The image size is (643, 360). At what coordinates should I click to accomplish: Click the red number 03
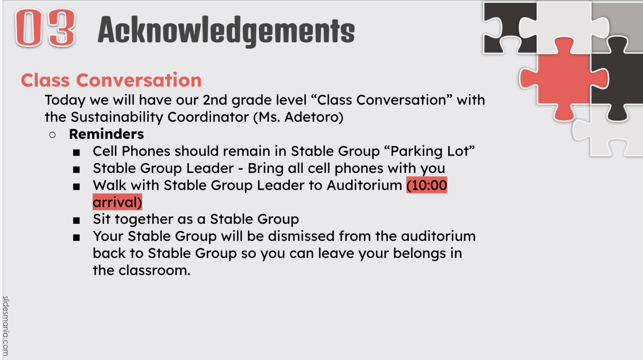click(45, 28)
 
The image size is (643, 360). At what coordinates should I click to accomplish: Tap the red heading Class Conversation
click(111, 80)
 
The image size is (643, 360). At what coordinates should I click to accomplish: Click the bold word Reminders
click(106, 134)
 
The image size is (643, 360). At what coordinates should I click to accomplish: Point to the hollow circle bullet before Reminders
click(52, 135)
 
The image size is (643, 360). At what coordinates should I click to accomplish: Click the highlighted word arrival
click(115, 202)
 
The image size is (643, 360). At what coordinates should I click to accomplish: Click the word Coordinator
click(208, 117)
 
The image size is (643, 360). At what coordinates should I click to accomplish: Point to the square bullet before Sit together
click(76, 220)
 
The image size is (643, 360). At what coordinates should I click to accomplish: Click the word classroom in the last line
click(154, 271)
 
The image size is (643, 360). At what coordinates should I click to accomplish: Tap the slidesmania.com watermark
click(6, 326)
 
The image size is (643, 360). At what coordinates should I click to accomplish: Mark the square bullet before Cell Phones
click(76, 153)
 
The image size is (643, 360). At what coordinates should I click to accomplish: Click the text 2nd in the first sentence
click(215, 100)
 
